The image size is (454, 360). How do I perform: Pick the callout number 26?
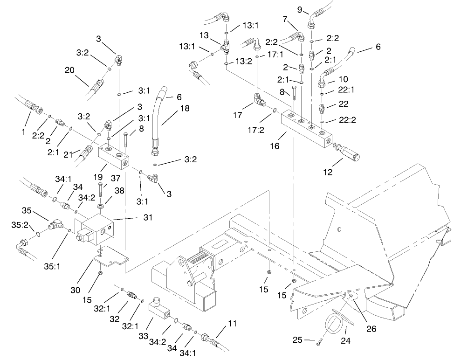pos(371,329)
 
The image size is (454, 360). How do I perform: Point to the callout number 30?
pos(76,290)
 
